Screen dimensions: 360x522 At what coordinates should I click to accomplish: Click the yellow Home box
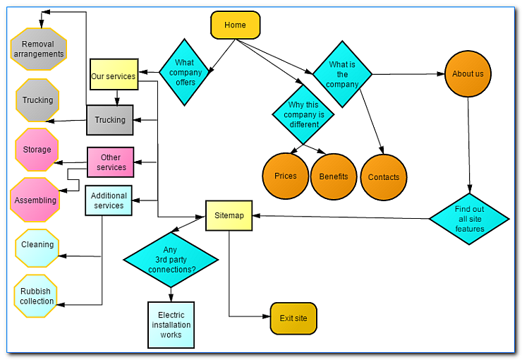[235, 25]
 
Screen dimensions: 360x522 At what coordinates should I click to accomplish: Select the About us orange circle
[468, 74]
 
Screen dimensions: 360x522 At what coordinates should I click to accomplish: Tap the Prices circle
[285, 176]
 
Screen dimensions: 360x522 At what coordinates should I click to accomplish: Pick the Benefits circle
[333, 176]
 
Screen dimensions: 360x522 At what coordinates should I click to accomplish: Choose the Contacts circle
[383, 177]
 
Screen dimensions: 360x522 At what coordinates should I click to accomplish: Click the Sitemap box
[229, 216]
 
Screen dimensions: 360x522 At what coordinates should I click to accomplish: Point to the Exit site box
[293, 318]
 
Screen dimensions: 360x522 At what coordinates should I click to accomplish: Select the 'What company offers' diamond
[185, 72]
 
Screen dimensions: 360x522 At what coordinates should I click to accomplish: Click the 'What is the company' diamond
[342, 74]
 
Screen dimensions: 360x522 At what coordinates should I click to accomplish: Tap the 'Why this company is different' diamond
[303, 114]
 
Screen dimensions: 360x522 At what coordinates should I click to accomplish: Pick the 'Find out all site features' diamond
[469, 219]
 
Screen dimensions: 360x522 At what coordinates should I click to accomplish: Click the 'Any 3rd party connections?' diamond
[171, 259]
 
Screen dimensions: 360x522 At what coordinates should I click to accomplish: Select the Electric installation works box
[171, 325]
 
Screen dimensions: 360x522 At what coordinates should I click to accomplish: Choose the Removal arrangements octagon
[39, 49]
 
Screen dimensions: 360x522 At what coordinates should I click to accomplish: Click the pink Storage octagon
[37, 150]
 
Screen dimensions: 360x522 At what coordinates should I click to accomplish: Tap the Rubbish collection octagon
[36, 296]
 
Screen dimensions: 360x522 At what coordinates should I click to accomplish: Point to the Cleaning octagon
[37, 245]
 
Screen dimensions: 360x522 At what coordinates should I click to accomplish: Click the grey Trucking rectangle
[110, 120]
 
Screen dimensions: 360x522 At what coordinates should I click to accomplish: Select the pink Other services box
[111, 162]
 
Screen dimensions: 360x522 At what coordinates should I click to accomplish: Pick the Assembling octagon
[35, 200]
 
